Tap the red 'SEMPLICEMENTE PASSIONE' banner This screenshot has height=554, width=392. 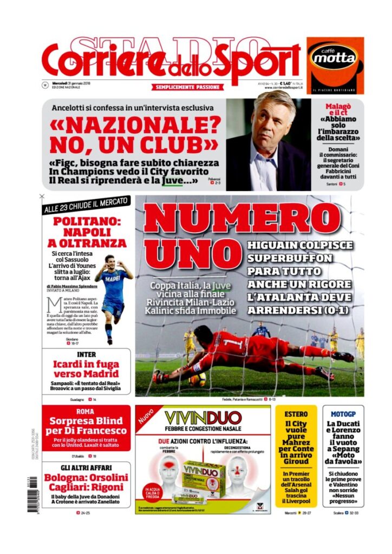[x=188, y=87]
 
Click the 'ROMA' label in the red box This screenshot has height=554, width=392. [x=87, y=411]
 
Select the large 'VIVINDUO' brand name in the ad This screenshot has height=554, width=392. [x=203, y=418]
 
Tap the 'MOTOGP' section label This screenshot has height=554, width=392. [x=343, y=414]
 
